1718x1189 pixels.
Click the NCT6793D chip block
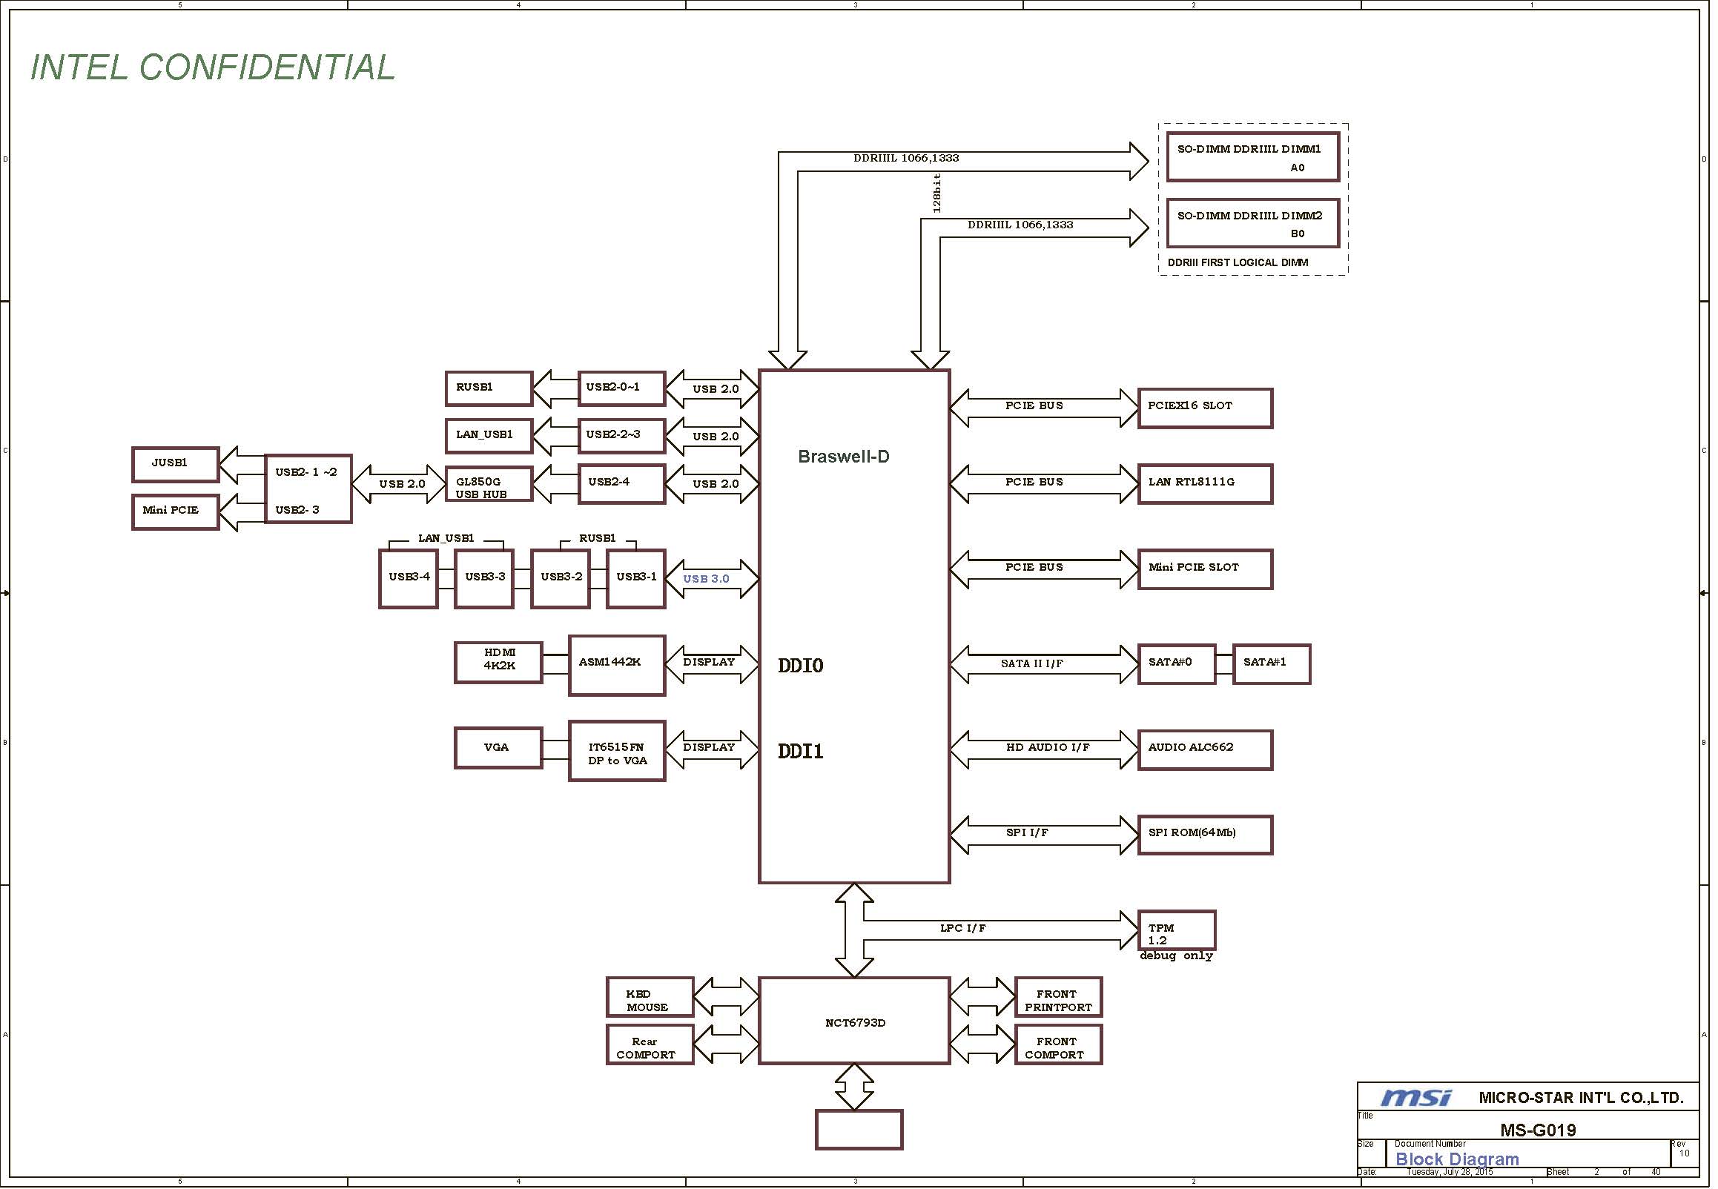point(853,1021)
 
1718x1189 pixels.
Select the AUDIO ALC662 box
point(1205,749)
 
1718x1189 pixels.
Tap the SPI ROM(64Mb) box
point(1205,835)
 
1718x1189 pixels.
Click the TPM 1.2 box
point(1177,930)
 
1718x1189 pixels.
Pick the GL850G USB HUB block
point(489,484)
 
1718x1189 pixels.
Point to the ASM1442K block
point(616,665)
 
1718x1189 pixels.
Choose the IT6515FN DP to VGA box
point(616,751)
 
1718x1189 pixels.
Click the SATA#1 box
point(1271,663)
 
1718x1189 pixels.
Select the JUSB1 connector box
point(175,465)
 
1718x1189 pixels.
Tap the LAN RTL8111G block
point(1205,484)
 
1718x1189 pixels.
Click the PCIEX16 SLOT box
point(1205,408)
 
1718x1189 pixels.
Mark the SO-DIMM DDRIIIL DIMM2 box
point(1252,224)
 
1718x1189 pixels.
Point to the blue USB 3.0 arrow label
point(706,579)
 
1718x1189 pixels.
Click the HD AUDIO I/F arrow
point(1044,749)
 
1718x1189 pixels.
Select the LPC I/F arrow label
point(962,928)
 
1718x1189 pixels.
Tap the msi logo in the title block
point(1415,1097)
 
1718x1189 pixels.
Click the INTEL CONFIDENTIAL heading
point(212,67)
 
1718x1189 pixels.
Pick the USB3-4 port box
point(409,579)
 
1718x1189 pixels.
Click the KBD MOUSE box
point(650,997)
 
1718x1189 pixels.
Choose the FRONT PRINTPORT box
point(1058,997)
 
